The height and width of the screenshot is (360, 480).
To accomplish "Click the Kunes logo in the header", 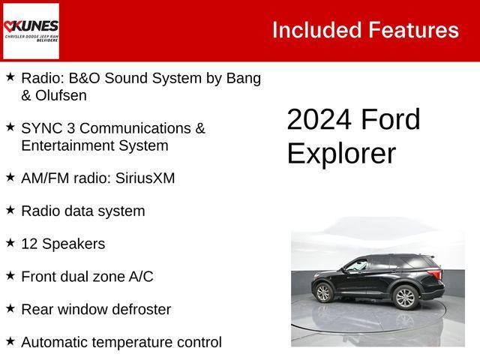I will click(31, 31).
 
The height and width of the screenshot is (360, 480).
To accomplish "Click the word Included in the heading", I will click(316, 30).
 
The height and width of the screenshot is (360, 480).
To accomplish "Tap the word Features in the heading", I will click(413, 30).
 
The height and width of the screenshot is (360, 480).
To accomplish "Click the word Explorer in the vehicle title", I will click(341, 153).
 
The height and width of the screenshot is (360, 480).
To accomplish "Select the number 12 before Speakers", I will click(29, 244).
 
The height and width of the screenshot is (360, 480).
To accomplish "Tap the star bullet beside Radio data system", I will click(10, 210).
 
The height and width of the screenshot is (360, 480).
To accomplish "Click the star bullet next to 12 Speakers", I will click(10, 243).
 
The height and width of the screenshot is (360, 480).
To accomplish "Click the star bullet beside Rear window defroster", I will click(10, 308).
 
